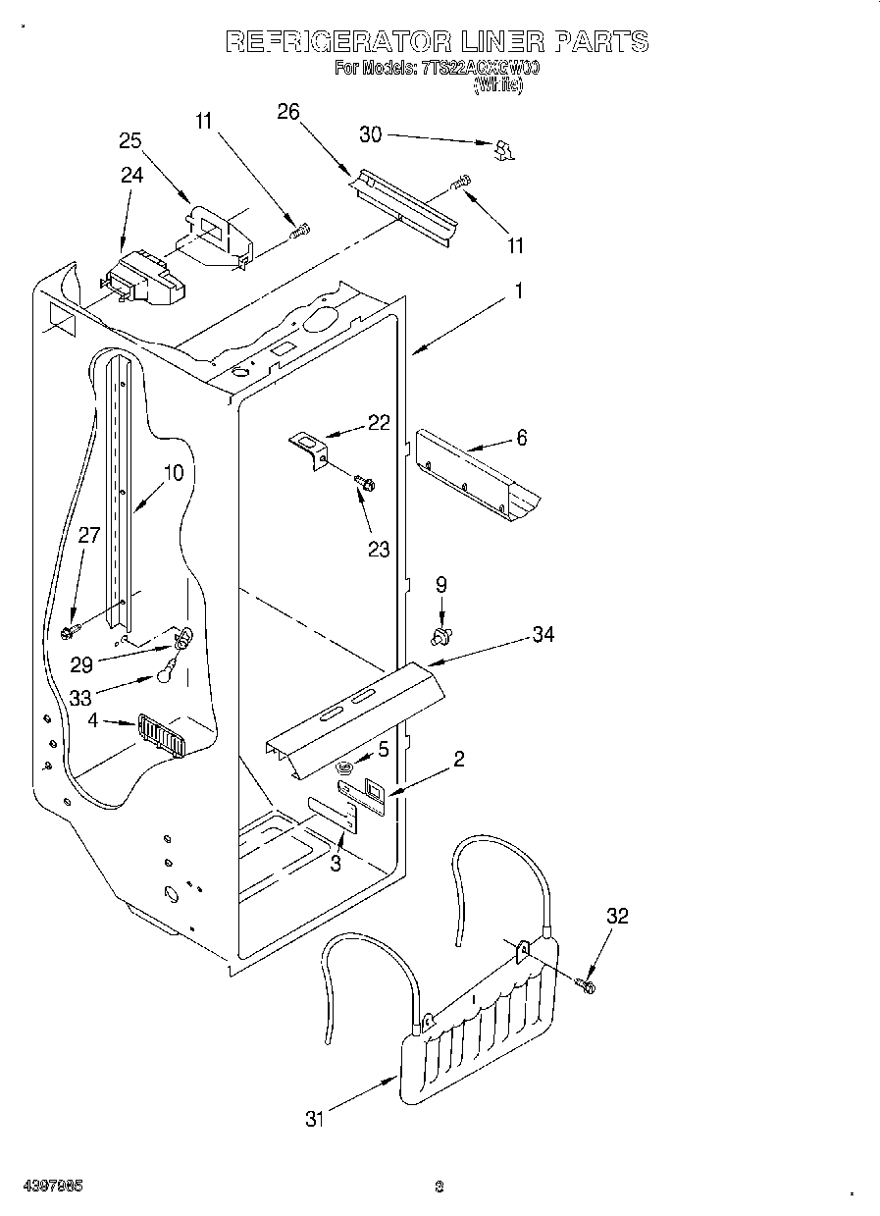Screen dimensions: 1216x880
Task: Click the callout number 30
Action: [371, 134]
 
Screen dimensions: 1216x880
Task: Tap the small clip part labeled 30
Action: [504, 149]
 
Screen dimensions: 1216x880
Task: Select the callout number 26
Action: [287, 111]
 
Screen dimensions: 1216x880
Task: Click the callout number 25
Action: [130, 140]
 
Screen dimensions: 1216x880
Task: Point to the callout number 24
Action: [131, 175]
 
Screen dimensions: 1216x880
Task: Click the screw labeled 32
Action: [586, 982]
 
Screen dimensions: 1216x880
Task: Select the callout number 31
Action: [314, 1118]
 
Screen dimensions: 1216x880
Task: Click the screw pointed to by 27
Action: [72, 630]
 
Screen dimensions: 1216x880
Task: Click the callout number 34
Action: [542, 635]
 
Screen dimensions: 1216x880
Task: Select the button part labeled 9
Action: [441, 638]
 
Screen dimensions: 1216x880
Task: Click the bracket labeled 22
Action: [310, 450]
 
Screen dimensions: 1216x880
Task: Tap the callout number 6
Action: [521, 438]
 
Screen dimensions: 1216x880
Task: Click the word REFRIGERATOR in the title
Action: [337, 41]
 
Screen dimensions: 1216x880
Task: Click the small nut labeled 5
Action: [345, 767]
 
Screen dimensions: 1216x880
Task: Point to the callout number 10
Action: [173, 472]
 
